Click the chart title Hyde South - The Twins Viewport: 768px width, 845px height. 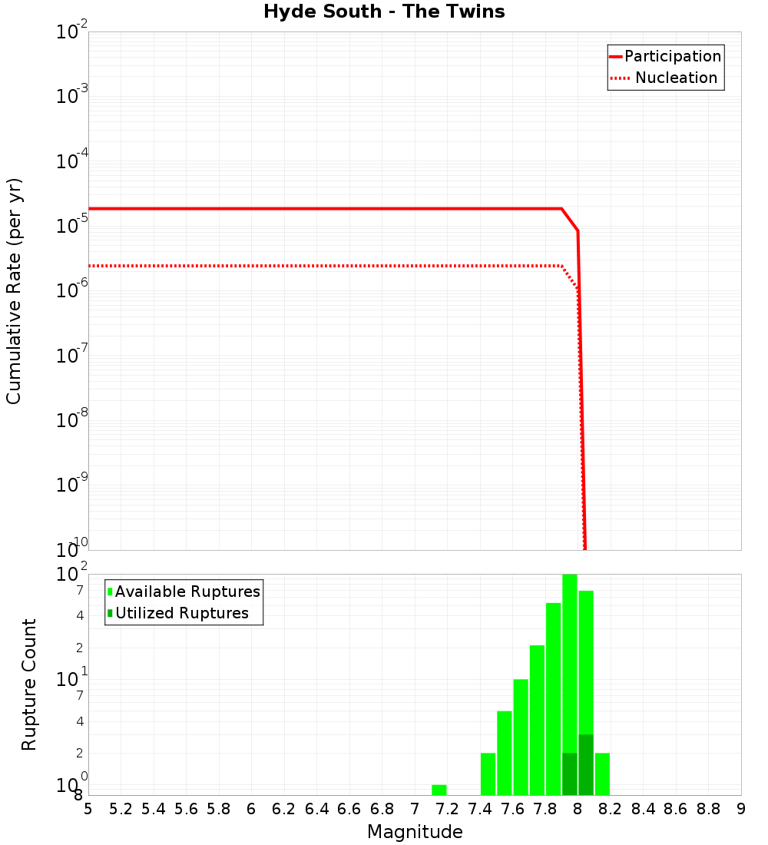pyautogui.click(x=384, y=12)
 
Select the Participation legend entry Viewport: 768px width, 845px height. pyautogui.click(x=672, y=56)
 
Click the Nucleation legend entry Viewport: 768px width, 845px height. pyautogui.click(x=675, y=78)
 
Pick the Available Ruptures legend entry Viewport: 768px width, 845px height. pyautogui.click(x=187, y=591)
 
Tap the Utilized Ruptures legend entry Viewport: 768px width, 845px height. pyautogui.click(x=181, y=613)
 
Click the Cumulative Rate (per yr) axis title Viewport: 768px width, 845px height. pyautogui.click(x=14, y=290)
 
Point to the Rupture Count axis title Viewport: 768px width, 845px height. pyautogui.click(x=29, y=684)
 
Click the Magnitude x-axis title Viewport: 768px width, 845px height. pyautogui.click(x=415, y=832)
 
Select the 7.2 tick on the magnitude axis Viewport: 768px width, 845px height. pyautogui.click(x=447, y=809)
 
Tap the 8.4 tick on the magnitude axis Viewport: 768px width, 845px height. pyautogui.click(x=643, y=809)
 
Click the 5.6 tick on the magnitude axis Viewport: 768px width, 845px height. pyautogui.click(x=186, y=809)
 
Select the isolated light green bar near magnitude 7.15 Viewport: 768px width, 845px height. pyautogui.click(x=439, y=790)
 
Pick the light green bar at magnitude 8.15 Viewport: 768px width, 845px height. pyautogui.click(x=602, y=774)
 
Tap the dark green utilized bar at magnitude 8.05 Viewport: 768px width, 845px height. pyautogui.click(x=586, y=764)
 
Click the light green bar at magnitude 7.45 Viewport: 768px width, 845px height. pyautogui.click(x=488, y=774)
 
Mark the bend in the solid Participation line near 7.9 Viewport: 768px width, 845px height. pyautogui.click(x=562, y=208)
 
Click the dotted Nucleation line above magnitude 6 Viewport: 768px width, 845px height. pyautogui.click(x=251, y=266)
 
